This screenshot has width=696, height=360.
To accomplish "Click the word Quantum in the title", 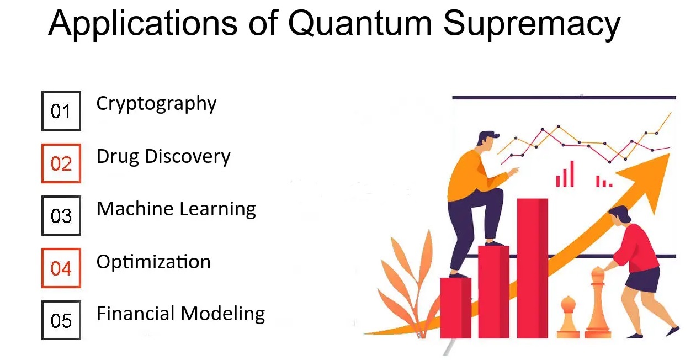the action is pyautogui.click(x=360, y=24).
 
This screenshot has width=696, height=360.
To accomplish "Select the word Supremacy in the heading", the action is pyautogui.click(x=532, y=25).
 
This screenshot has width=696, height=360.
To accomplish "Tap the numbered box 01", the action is pyautogui.click(x=61, y=111).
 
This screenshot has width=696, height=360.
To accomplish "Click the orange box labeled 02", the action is pyautogui.click(x=61, y=163).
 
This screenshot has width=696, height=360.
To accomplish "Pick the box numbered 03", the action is pyautogui.click(x=61, y=215).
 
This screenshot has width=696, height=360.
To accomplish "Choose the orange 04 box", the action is pyautogui.click(x=61, y=268).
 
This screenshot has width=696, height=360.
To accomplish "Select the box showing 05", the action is pyautogui.click(x=61, y=320).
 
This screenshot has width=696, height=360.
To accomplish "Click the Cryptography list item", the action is pyautogui.click(x=156, y=104).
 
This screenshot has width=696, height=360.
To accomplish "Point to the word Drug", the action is pyautogui.click(x=118, y=157).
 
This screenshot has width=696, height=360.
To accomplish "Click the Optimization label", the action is pyautogui.click(x=153, y=262).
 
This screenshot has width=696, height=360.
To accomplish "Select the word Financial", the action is pyautogui.click(x=135, y=314).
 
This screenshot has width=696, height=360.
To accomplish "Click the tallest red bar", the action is pyautogui.click(x=532, y=268).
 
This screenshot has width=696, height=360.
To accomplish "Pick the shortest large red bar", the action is pyautogui.click(x=455, y=308).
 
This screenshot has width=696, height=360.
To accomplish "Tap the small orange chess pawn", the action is pyautogui.click(x=568, y=317).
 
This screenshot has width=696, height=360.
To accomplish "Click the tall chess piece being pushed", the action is pyautogui.click(x=598, y=303).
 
